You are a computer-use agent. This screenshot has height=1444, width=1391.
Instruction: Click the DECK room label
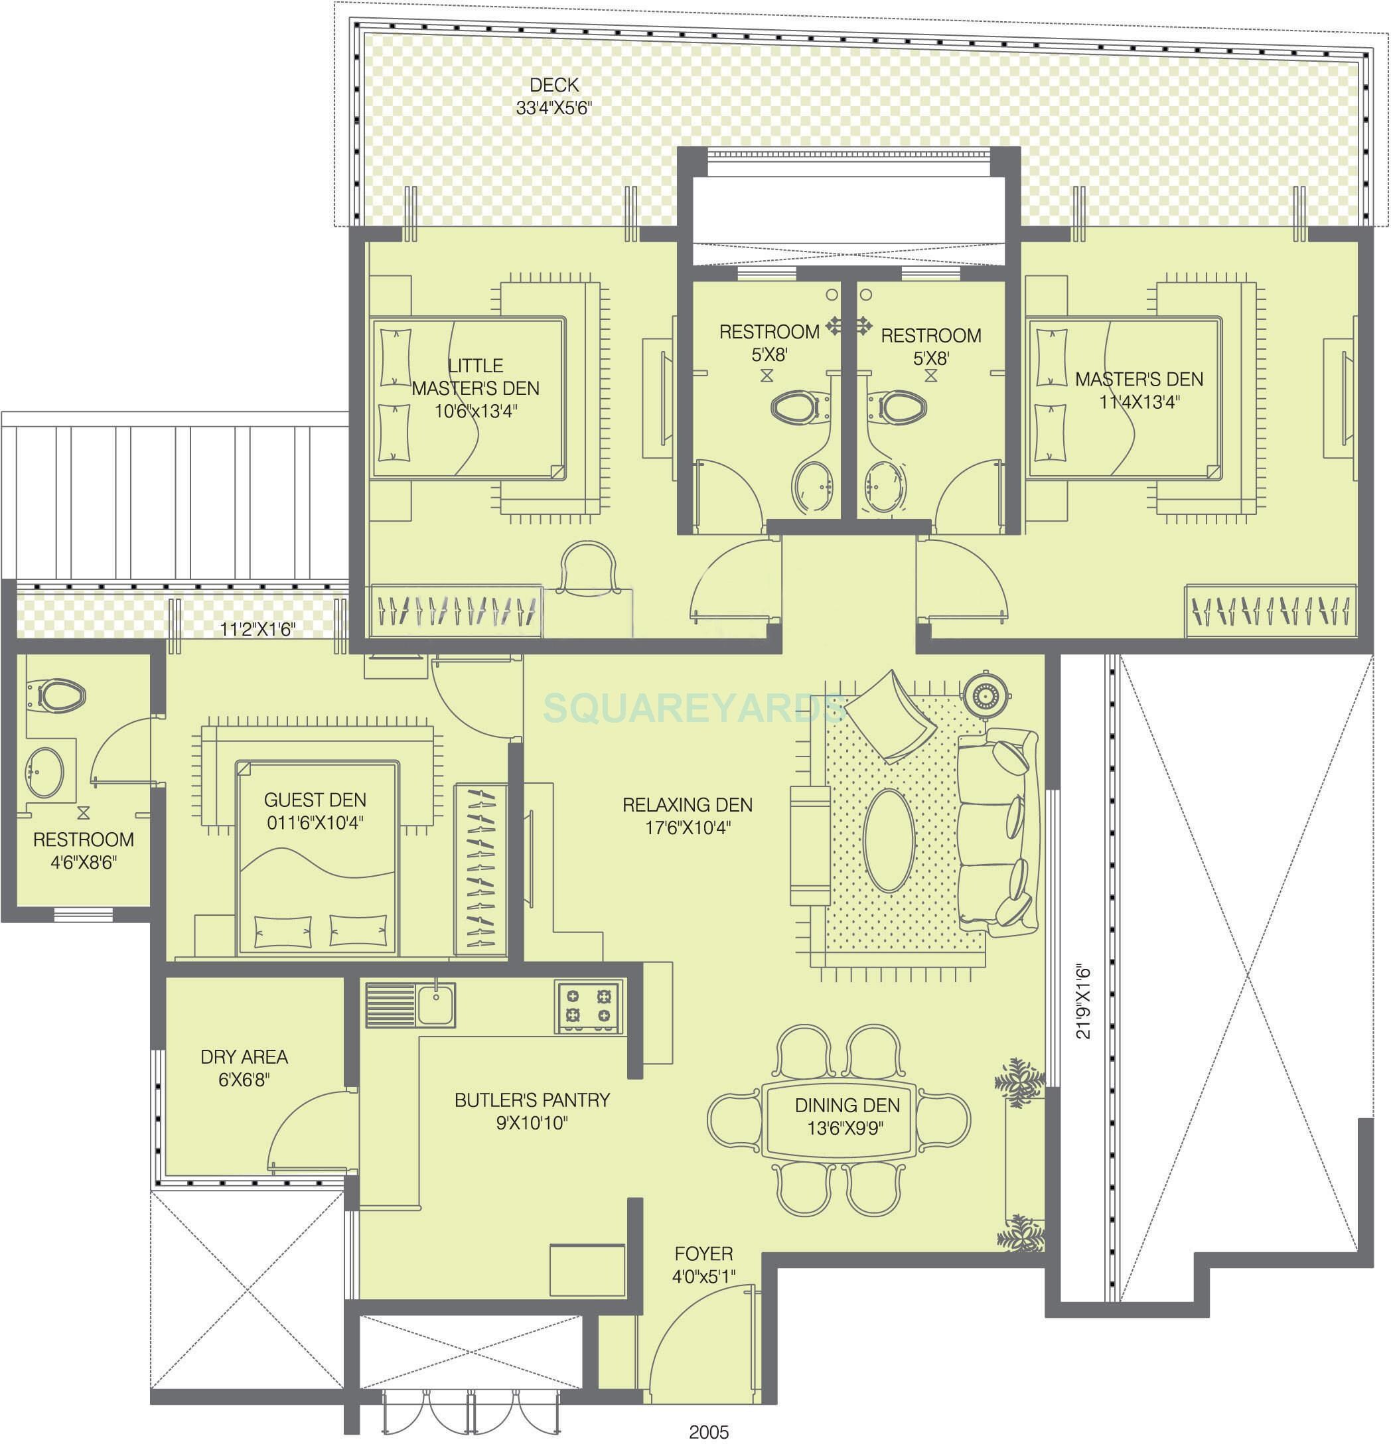point(554,86)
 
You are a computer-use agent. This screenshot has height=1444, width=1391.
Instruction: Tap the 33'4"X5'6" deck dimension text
point(554,109)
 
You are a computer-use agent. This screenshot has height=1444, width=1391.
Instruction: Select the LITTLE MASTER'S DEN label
point(475,376)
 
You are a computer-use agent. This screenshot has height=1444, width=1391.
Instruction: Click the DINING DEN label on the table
point(847,1105)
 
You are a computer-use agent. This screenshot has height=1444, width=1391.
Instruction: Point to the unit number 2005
point(709,1431)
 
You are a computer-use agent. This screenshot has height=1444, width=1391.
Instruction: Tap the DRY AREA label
point(244,1057)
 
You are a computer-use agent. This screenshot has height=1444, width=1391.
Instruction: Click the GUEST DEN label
point(315,800)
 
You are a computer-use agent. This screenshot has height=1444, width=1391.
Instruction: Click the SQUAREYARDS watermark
point(693,709)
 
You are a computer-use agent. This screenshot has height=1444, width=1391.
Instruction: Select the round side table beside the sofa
point(984,693)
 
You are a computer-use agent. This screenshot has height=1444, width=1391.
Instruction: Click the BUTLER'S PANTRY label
point(532,1100)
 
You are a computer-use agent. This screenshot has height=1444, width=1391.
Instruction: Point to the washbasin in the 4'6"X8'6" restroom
point(46,772)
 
